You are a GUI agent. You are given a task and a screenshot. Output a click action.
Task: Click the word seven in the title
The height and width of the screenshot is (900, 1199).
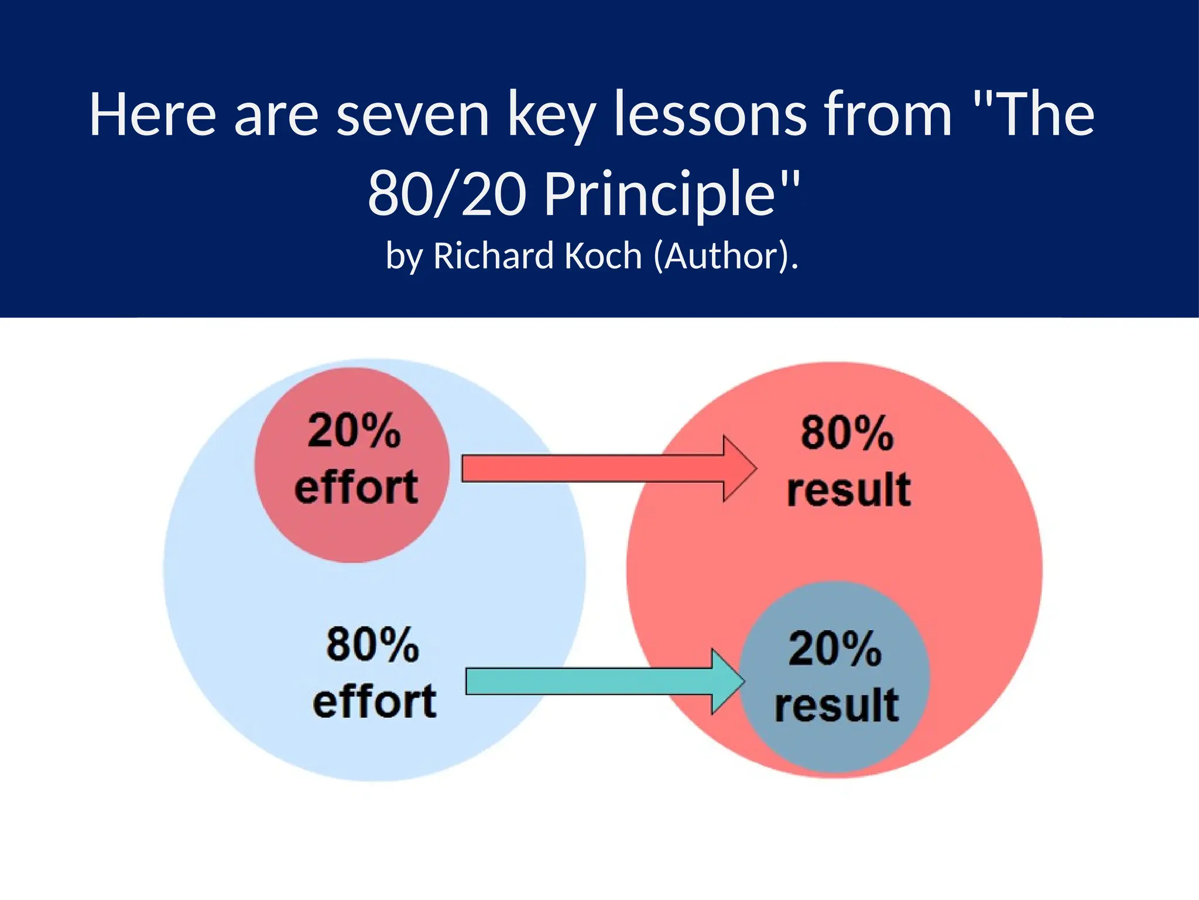point(413,115)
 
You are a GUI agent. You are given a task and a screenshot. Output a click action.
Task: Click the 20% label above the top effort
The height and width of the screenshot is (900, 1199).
point(354,431)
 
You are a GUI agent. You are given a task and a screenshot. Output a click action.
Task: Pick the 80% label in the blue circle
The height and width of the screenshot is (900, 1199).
point(373,645)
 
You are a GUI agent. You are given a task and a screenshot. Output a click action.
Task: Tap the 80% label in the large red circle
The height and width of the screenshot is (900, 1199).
point(847,434)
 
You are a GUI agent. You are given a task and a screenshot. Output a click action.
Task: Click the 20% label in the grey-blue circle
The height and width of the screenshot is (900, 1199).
point(835,649)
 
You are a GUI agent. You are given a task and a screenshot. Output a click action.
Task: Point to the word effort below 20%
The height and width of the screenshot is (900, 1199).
point(357,487)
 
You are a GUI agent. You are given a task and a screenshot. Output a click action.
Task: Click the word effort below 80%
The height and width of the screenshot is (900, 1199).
point(375,701)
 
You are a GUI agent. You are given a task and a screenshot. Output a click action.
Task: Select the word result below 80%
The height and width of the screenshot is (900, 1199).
point(849,489)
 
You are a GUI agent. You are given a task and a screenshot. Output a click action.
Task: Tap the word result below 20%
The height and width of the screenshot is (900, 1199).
point(837,705)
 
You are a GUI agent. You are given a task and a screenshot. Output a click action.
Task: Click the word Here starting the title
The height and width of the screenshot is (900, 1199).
point(153,115)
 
